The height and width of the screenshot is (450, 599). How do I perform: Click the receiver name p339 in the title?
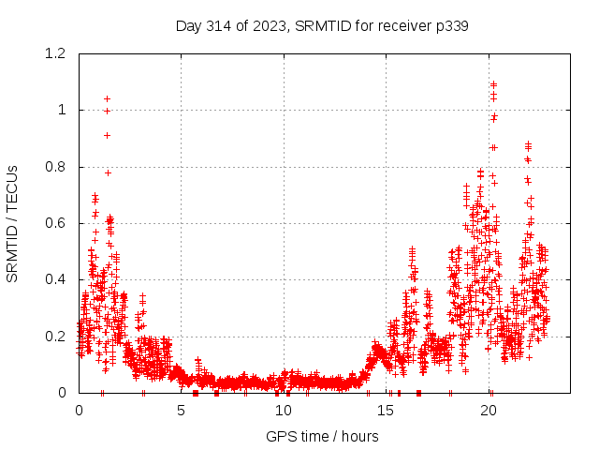coord(449,26)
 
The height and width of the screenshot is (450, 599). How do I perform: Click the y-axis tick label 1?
coord(62,110)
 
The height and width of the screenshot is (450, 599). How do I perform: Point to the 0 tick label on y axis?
coord(62,393)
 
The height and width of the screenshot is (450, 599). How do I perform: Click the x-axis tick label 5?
coord(181,411)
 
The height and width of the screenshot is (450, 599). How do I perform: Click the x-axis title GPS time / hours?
coord(321,436)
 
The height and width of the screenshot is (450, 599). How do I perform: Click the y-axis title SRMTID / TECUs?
coord(13,223)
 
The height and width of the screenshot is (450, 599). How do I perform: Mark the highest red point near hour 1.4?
coord(108,98)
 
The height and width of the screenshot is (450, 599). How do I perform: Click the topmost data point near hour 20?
coord(493,84)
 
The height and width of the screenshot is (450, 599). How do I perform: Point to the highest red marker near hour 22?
coord(529,144)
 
